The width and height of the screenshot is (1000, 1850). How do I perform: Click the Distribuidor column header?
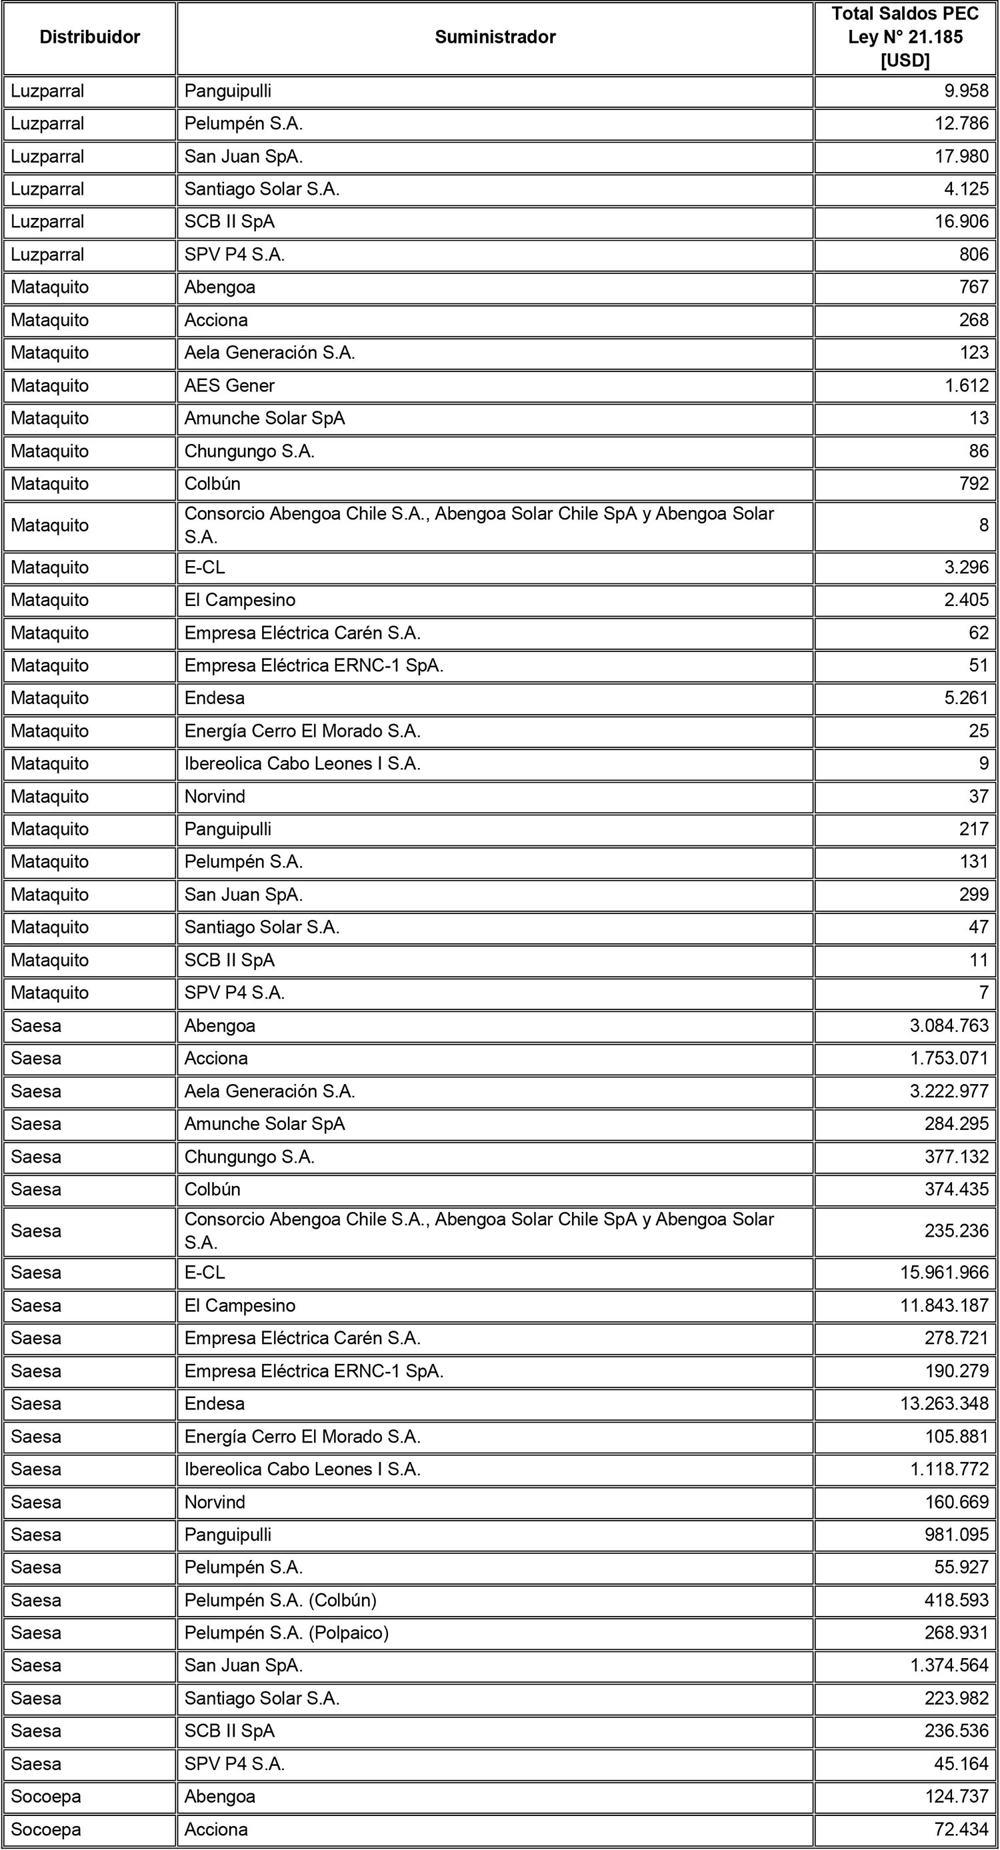point(90,37)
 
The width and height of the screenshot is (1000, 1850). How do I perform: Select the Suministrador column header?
point(495,37)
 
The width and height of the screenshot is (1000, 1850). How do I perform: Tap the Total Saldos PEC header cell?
point(905,37)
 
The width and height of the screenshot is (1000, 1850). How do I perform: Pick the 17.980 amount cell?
point(961,157)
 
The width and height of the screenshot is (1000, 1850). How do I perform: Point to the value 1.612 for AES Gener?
point(966,385)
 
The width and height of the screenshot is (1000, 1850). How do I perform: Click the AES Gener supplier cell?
point(230,385)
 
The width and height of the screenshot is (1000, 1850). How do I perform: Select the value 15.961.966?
point(945,1272)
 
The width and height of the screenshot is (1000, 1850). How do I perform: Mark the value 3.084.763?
point(949,1025)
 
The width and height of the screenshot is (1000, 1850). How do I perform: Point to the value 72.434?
point(961,1829)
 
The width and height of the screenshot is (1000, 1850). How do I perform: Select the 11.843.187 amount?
point(945,1305)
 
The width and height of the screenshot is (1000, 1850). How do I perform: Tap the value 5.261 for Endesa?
point(966,697)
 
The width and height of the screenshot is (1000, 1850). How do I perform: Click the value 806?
point(973,254)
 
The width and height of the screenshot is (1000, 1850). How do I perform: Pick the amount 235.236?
point(957,1230)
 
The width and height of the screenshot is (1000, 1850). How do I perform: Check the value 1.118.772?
point(949,1469)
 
